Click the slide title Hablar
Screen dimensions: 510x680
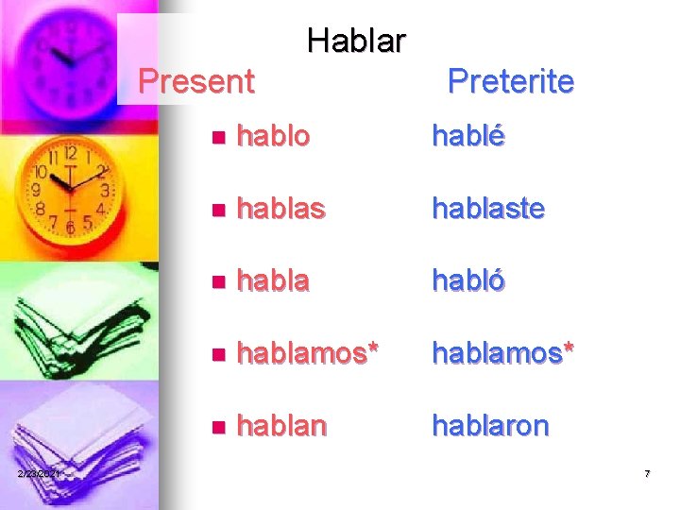[356, 41]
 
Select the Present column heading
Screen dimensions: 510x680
[195, 81]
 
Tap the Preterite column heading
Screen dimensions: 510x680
[510, 81]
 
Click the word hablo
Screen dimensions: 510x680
[273, 136]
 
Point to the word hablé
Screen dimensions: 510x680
[468, 136]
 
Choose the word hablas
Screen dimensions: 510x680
[280, 209]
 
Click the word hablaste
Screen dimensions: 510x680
[488, 209]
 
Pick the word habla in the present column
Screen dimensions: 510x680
[273, 281]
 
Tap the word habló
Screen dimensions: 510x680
[468, 281]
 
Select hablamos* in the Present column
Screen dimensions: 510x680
[308, 353]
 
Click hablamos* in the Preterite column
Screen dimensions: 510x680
[503, 353]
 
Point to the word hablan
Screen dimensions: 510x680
[281, 426]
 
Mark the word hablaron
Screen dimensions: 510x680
[490, 426]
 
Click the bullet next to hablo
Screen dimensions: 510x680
[218, 138]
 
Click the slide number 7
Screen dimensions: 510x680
[647, 473]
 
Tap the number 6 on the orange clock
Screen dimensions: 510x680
[69, 228]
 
